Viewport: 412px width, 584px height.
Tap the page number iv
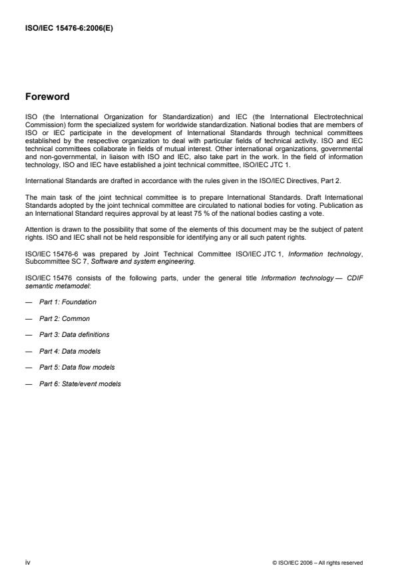point(27,562)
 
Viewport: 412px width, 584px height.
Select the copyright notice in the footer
point(317,563)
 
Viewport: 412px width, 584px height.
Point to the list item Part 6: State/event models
point(80,384)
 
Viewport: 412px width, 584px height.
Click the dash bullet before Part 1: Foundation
point(29,302)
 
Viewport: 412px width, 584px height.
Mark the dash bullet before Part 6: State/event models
point(29,384)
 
